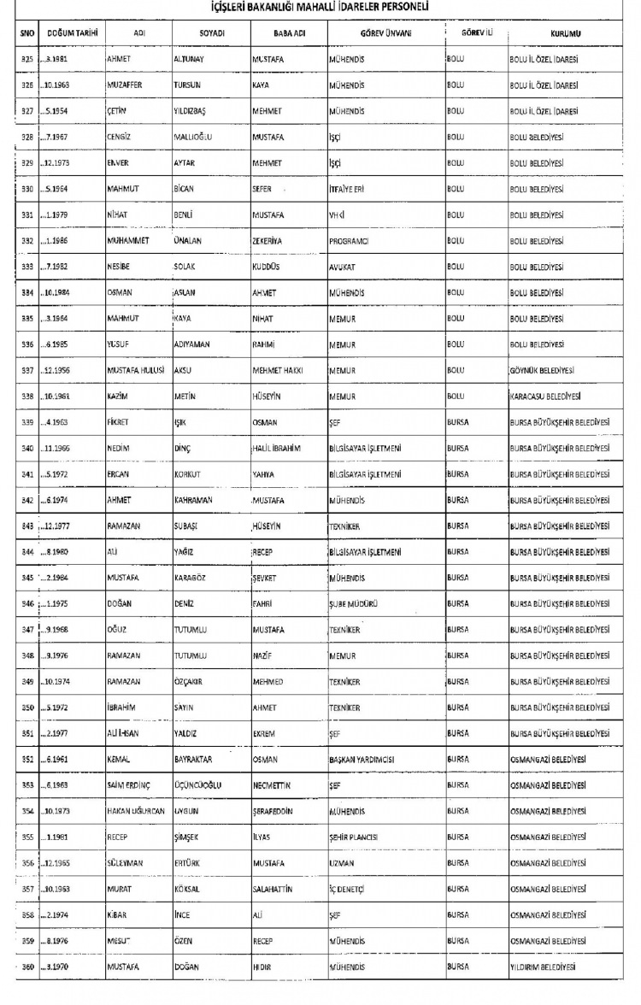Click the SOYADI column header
[210, 33]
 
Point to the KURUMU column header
[562, 33]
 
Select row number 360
[26, 966]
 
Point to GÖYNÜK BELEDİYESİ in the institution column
[542, 370]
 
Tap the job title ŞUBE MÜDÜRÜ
[354, 603]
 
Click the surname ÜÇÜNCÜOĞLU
[200, 785]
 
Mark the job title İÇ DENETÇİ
[348, 888]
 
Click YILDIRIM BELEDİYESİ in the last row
[543, 966]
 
